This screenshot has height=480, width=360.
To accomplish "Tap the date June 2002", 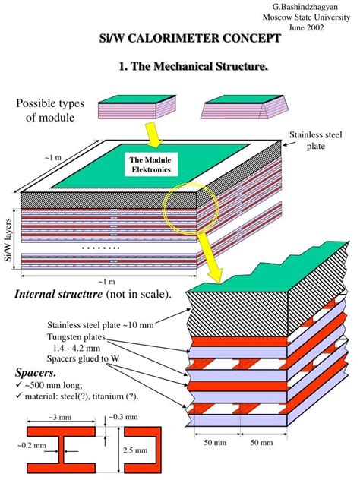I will tap(314, 27).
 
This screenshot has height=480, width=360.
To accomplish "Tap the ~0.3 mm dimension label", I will tap(122, 417).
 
